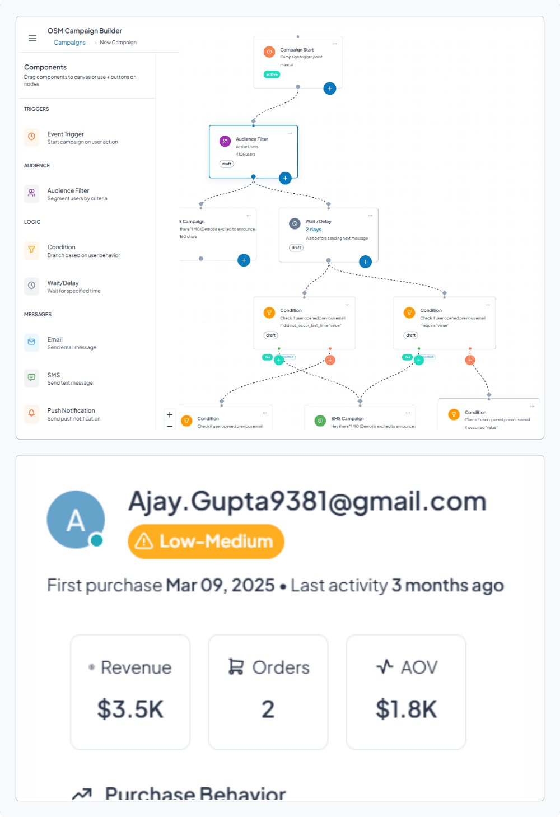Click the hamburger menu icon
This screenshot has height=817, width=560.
click(32, 38)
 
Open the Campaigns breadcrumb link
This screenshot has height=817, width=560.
click(69, 43)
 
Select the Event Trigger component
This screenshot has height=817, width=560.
click(66, 138)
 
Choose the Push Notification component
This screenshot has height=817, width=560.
click(71, 414)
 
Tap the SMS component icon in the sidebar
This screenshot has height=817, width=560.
click(32, 378)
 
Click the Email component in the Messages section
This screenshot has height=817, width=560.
click(55, 343)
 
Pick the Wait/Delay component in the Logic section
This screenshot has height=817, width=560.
click(63, 286)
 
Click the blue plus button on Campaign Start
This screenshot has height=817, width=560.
click(330, 88)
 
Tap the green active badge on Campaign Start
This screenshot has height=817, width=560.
click(272, 74)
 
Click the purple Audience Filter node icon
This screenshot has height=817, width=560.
click(225, 141)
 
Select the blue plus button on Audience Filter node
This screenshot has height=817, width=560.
click(285, 178)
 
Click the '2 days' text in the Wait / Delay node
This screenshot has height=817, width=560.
click(314, 230)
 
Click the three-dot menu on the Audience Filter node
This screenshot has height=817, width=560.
click(290, 133)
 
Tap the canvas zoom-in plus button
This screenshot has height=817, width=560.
click(170, 415)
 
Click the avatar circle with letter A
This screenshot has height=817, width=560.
click(76, 520)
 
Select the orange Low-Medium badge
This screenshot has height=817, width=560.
click(206, 541)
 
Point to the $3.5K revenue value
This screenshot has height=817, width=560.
click(130, 709)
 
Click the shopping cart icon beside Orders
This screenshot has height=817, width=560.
click(236, 667)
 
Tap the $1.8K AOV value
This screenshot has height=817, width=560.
click(406, 709)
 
